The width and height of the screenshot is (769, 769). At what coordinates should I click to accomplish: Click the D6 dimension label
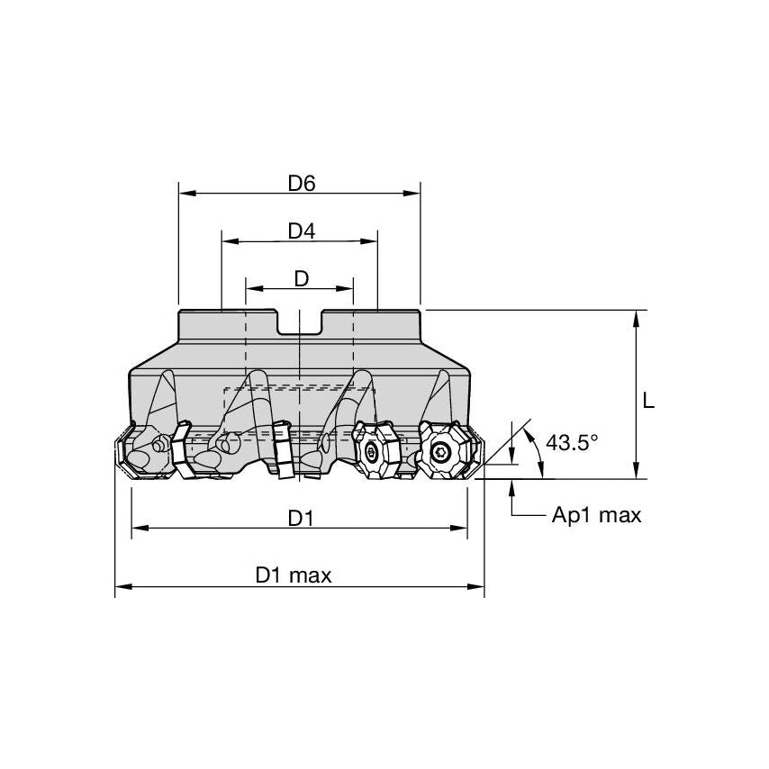tap(301, 183)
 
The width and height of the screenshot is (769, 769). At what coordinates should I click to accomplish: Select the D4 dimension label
tap(301, 231)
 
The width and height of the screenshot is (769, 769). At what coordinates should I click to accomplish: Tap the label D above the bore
tap(301, 278)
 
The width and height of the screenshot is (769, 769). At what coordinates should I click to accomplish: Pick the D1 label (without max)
tap(301, 518)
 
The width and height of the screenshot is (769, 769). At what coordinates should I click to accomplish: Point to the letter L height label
tap(648, 403)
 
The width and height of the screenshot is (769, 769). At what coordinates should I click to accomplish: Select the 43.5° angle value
tap(572, 442)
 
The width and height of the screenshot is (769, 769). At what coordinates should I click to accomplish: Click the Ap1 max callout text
tap(596, 515)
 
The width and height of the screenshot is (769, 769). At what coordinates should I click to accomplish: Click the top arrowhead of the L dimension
tap(636, 317)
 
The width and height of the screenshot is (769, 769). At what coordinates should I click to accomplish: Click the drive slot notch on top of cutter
tap(300, 322)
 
